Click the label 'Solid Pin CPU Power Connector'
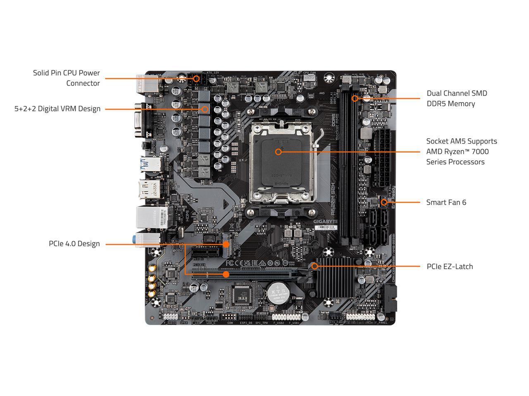(x=66, y=78)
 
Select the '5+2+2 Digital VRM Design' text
(x=57, y=109)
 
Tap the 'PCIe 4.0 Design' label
(x=74, y=244)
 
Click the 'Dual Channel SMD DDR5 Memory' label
(x=457, y=99)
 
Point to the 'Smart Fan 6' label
(x=446, y=202)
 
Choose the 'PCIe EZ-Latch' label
(x=450, y=266)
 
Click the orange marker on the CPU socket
(x=278, y=152)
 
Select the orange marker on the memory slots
(x=355, y=99)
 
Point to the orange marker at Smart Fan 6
(x=384, y=202)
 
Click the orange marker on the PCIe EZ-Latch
(x=315, y=266)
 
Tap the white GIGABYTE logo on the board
(x=326, y=222)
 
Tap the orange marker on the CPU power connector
(x=196, y=78)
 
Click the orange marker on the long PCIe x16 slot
(x=226, y=274)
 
